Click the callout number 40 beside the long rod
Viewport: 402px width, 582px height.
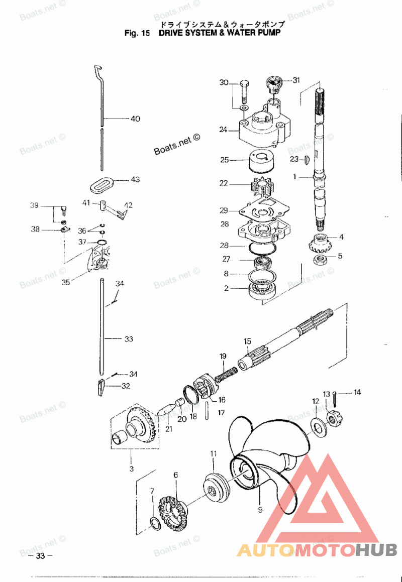click(135, 119)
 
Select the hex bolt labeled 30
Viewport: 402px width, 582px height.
click(244, 91)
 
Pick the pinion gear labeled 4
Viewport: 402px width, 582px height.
click(318, 244)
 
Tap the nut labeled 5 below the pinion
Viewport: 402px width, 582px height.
click(320, 259)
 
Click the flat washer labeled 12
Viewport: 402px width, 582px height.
click(318, 425)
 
